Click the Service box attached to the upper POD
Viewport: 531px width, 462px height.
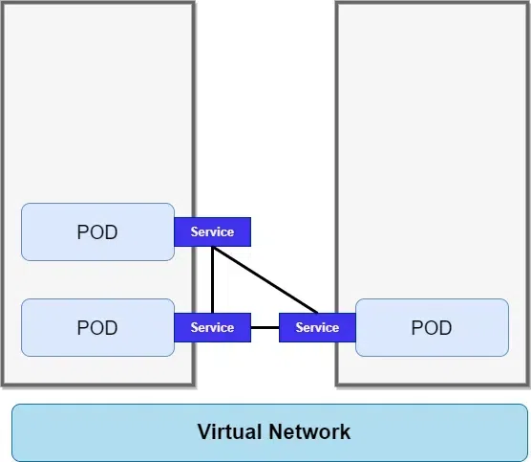[212, 231]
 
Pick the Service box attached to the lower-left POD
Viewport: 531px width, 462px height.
[212, 327]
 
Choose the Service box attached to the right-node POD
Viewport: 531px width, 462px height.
[317, 327]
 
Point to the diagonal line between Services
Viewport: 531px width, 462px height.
[265, 279]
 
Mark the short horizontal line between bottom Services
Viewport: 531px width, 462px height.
[265, 327]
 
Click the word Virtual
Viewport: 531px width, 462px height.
[230, 431]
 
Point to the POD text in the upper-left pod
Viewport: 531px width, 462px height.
[97, 231]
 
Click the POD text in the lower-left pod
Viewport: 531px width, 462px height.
[97, 327]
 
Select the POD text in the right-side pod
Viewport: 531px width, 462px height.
[431, 327]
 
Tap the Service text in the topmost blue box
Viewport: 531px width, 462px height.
[212, 231]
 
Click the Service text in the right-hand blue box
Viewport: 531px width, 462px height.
[317, 327]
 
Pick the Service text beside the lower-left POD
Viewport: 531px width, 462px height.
[212, 327]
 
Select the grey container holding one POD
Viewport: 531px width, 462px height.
[432, 143]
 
